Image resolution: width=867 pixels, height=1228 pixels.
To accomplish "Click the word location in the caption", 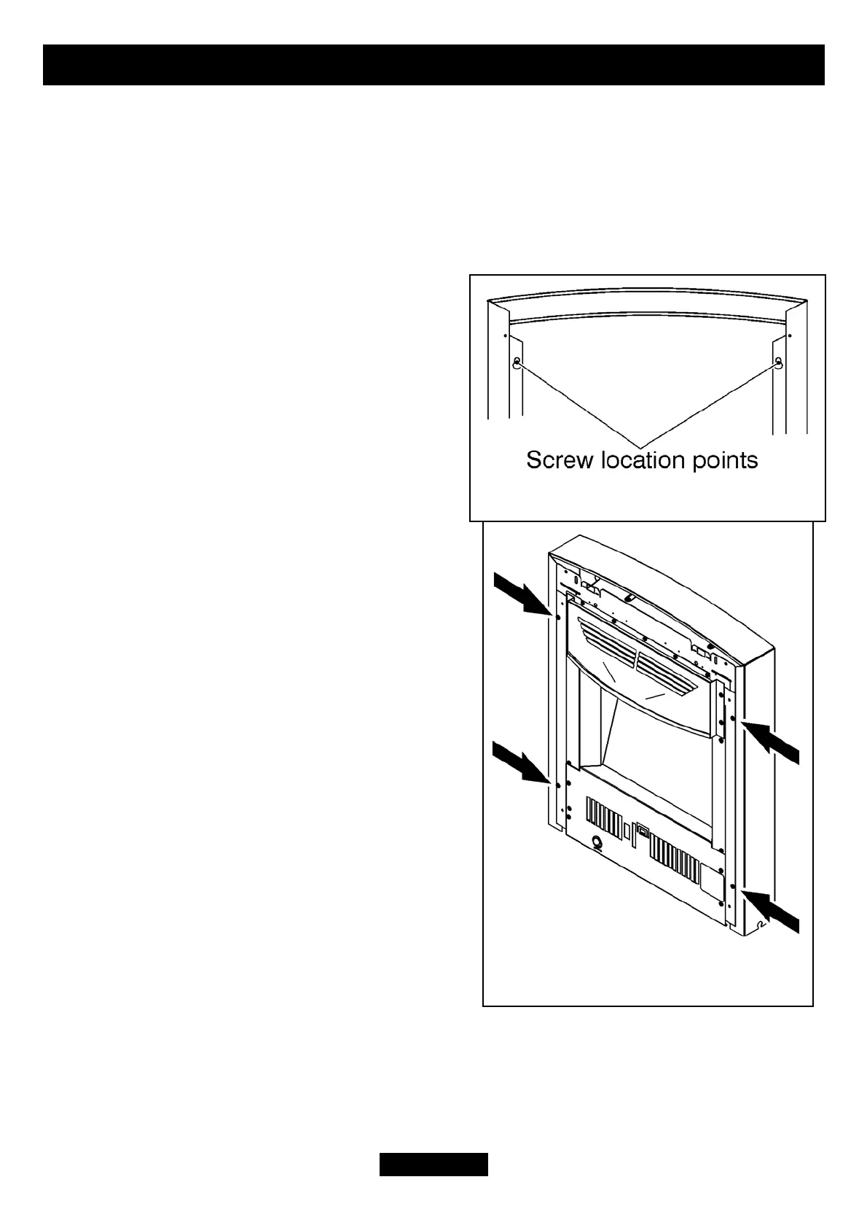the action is (x=640, y=460).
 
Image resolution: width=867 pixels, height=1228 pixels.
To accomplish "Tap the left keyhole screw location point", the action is (x=517, y=362).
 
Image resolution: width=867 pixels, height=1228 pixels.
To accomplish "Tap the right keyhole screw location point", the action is (x=779, y=362).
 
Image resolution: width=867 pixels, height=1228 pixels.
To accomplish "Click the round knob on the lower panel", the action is (x=597, y=844).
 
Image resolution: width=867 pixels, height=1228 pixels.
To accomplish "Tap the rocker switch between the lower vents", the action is (x=643, y=831).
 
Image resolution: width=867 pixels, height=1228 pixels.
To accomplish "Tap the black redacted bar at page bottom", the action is (x=433, y=1165).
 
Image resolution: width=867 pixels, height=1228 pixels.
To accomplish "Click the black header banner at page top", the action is (x=433, y=65).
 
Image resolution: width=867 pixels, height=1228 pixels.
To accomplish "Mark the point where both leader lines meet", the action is (x=642, y=446).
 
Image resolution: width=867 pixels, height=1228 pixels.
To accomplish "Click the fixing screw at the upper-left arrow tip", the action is (x=557, y=617).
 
